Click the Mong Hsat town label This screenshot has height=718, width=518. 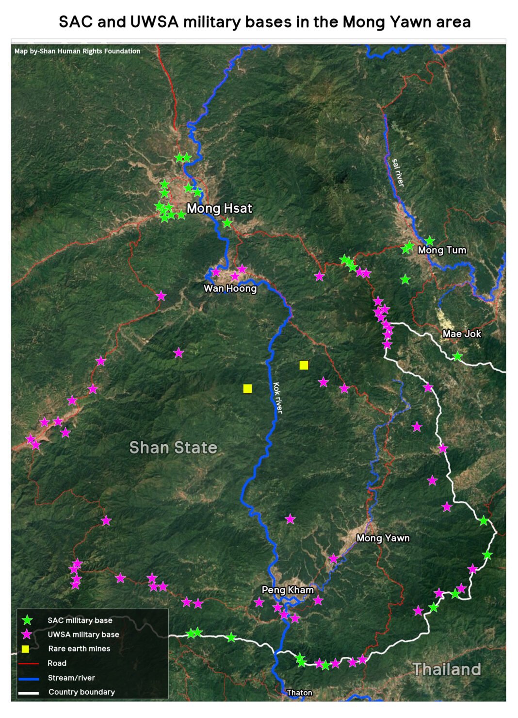tap(219, 208)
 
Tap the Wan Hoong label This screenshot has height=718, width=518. tap(230, 288)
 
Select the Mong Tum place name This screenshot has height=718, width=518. tap(442, 250)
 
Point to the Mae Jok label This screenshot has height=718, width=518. tap(462, 334)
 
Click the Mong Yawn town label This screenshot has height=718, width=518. tap(383, 538)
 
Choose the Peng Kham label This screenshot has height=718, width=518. tap(288, 590)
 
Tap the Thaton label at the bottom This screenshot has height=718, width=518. tap(299, 693)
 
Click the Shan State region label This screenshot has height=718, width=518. tap(173, 447)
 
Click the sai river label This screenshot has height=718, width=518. tap(398, 172)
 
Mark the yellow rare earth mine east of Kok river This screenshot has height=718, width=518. tap(304, 365)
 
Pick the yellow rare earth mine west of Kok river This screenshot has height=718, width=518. tap(247, 388)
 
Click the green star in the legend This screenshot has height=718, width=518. tap(28, 620)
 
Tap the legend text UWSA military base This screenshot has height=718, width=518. tap(83, 635)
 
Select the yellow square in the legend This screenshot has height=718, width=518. tap(26, 649)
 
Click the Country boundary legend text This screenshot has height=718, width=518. tap(81, 692)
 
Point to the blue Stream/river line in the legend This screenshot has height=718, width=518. tap(28, 678)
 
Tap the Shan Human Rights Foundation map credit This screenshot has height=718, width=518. tap(77, 51)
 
